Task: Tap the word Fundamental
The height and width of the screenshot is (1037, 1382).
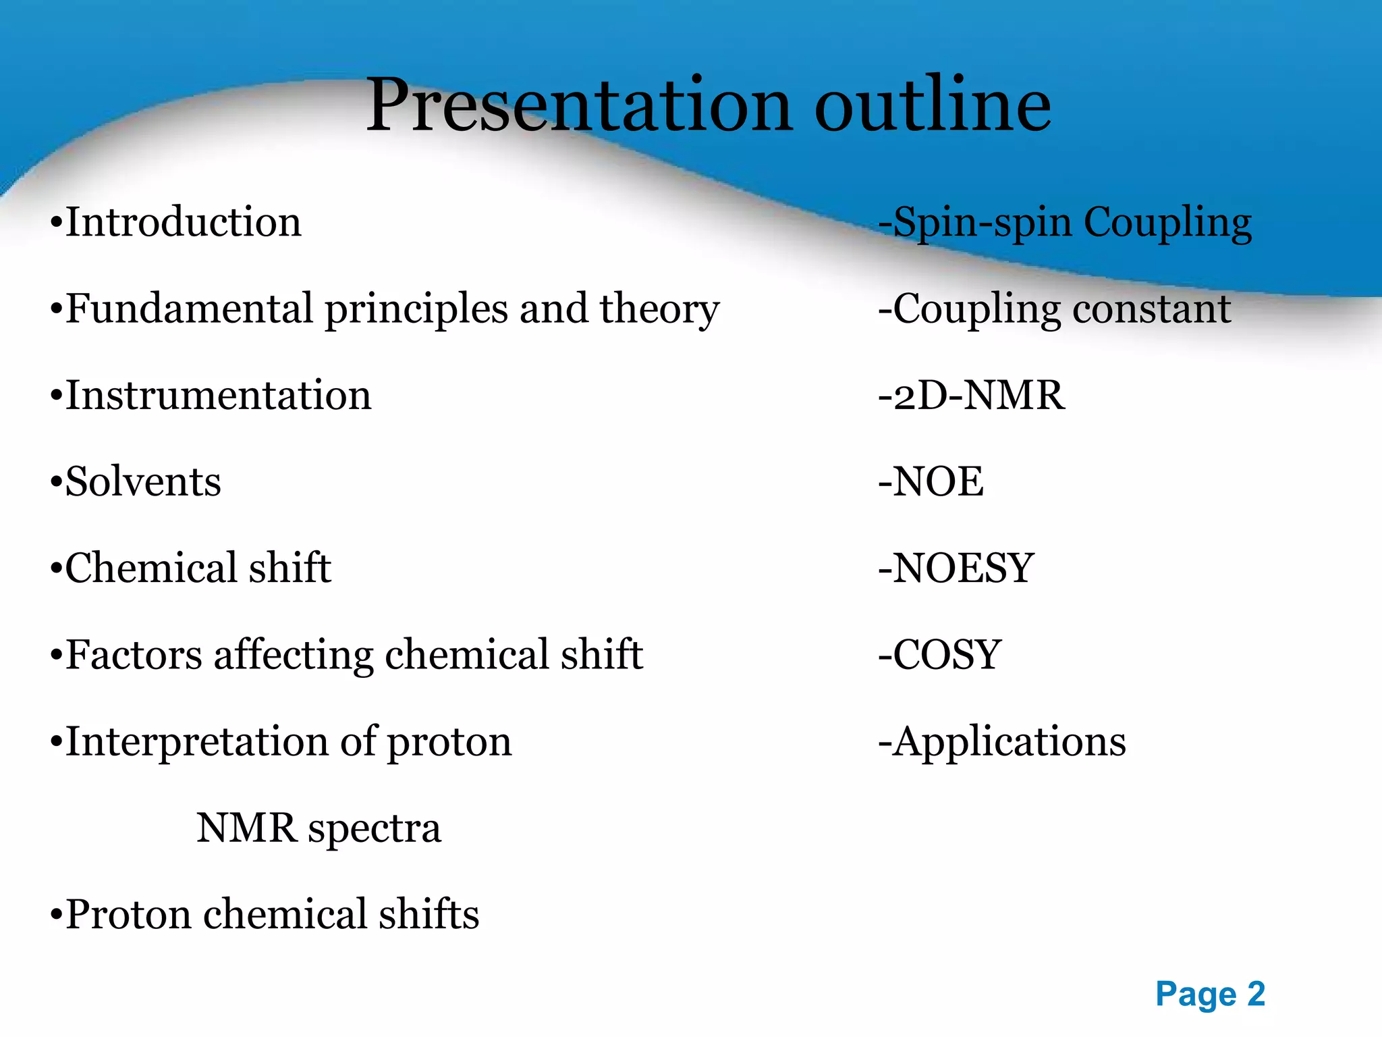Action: [x=190, y=309]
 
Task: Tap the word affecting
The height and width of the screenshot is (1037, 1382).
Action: [x=294, y=656]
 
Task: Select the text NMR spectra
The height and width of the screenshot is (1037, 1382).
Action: [x=319, y=828]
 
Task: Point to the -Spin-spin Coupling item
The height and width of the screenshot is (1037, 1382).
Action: [x=1065, y=223]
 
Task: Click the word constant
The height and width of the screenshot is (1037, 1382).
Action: [x=1151, y=309]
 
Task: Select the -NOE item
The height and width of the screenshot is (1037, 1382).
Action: [x=931, y=481]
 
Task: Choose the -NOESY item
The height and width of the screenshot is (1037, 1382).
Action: [x=956, y=568]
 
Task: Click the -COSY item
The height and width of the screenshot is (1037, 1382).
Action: [x=939, y=654]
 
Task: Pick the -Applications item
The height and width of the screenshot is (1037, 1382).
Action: [x=1002, y=741]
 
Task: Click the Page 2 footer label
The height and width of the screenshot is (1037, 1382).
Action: [x=1210, y=994]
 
